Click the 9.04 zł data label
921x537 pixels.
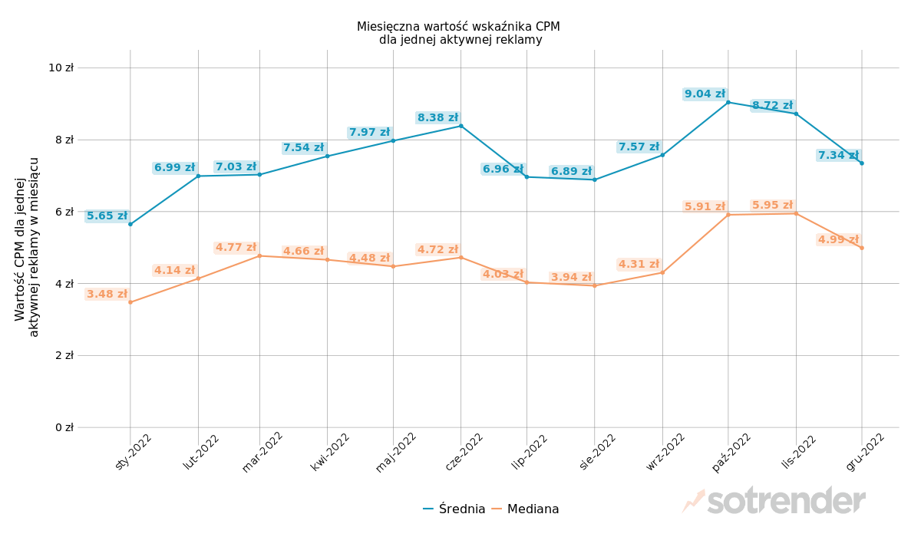coord(705,94)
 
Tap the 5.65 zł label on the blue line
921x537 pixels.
coord(107,216)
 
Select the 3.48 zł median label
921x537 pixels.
coord(107,295)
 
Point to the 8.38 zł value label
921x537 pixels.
coord(437,118)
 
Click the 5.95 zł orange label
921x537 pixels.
coord(772,206)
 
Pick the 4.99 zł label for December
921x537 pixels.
coord(838,240)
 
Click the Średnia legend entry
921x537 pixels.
coord(454,509)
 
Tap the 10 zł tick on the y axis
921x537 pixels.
coord(61,68)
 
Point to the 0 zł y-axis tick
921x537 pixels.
coord(64,427)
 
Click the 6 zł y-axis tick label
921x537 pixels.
coord(64,212)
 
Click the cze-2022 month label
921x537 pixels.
coord(464,452)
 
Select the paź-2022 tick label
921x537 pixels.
coord(732,452)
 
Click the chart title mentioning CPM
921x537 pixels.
coord(459,33)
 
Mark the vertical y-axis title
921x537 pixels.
coord(27,247)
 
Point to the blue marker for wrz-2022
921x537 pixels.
coord(662,155)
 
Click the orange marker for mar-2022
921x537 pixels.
coord(259,255)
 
